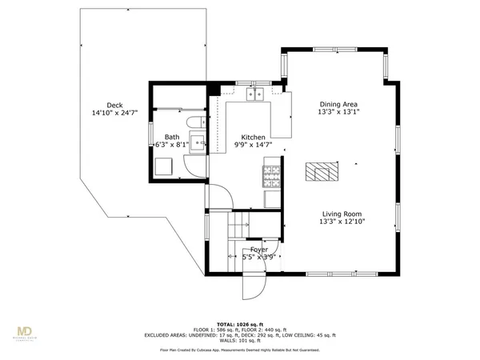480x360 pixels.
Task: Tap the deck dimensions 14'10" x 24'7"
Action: click(114, 114)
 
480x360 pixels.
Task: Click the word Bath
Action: click(172, 138)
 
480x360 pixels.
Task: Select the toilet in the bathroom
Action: click(193, 122)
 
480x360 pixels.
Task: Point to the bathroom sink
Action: click(201, 145)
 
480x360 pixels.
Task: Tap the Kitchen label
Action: click(253, 138)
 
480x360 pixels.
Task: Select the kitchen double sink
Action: click(257, 97)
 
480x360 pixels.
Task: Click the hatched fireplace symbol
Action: click(322, 172)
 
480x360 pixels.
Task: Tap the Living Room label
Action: click(342, 214)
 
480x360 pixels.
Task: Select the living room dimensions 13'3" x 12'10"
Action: click(342, 222)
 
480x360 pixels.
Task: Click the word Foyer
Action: click(258, 250)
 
